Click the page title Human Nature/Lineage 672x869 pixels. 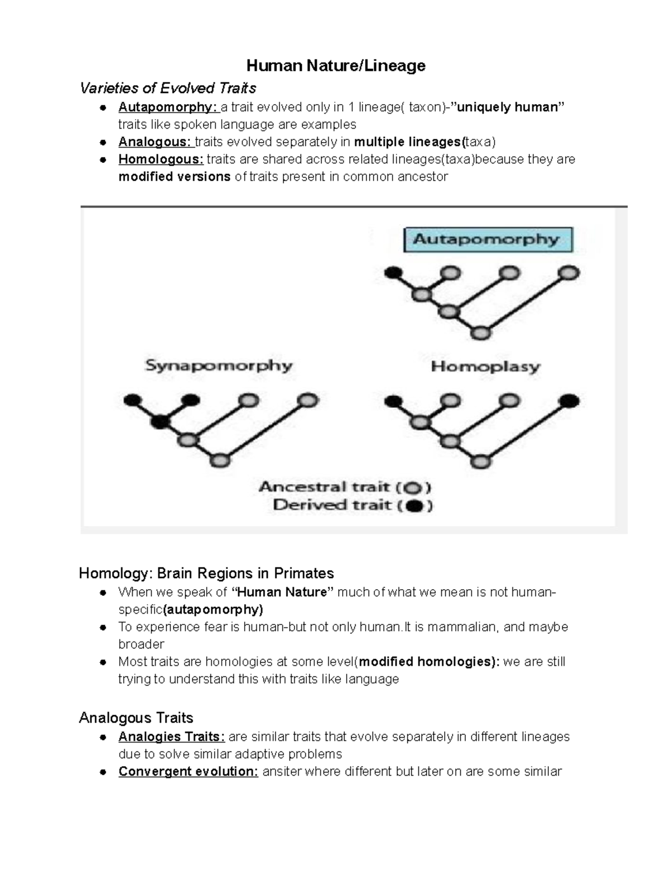tap(335, 66)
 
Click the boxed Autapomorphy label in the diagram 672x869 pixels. tap(488, 239)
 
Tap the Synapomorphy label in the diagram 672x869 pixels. tap(219, 366)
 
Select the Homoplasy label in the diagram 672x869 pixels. tap(486, 367)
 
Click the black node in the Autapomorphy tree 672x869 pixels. tap(393, 273)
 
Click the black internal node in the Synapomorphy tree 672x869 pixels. tap(160, 421)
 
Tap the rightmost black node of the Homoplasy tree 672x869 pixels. tap(570, 401)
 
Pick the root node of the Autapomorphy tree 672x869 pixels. tap(480, 333)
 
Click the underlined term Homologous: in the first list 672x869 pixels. tap(161, 159)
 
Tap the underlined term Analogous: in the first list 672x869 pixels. tap(155, 142)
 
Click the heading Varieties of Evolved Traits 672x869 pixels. tap(168, 88)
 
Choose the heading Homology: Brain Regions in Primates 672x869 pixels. tap(206, 574)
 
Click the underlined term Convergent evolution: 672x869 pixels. tap(188, 772)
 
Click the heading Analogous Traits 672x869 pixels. tap(136, 718)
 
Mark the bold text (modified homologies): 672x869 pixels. tap(429, 662)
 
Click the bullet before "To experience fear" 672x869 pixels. tap(103, 628)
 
